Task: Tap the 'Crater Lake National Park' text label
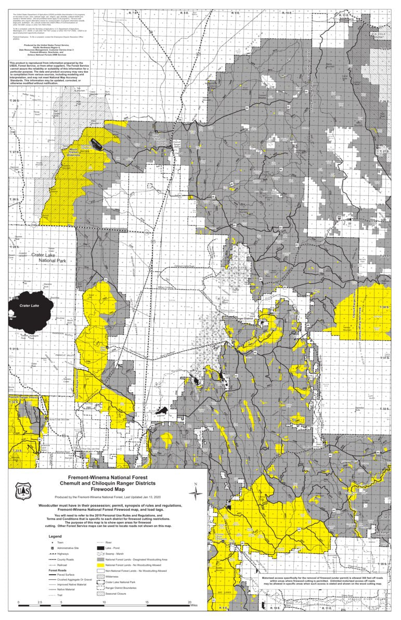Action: point(54,258)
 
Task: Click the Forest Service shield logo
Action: point(22,492)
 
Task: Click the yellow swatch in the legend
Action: point(100,564)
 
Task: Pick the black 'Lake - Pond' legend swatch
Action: point(100,548)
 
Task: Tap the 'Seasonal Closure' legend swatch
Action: point(100,593)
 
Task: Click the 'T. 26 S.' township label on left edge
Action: point(14,100)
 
